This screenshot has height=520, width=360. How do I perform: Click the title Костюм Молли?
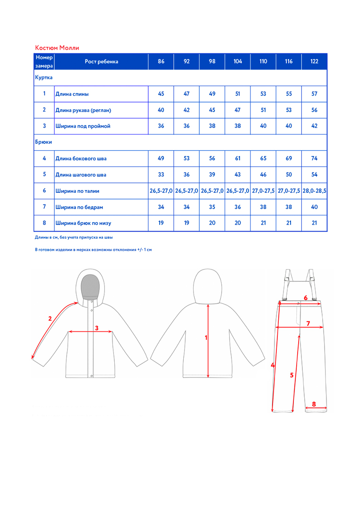(57, 48)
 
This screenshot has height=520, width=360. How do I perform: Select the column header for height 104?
(238, 61)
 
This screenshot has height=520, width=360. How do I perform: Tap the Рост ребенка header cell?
(102, 61)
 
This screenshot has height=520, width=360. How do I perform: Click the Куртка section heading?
(44, 78)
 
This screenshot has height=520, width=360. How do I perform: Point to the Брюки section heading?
(43, 142)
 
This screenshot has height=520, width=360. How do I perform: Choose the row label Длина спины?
(72, 94)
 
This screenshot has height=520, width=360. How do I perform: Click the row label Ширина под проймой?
(83, 126)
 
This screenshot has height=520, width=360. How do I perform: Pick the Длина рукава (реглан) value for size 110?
(263, 110)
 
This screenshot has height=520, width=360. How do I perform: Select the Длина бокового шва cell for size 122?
(314, 158)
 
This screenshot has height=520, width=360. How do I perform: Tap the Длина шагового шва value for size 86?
(161, 174)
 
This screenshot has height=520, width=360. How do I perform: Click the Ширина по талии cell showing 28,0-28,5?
(315, 191)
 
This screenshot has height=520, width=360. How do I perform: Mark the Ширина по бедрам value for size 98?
(212, 207)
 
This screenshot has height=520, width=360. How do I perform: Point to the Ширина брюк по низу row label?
(84, 223)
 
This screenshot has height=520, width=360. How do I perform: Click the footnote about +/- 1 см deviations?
(94, 250)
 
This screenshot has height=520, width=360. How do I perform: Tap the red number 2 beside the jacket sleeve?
(50, 319)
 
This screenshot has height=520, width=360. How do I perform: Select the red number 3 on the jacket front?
(96, 328)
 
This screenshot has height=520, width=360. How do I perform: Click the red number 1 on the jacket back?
(206, 338)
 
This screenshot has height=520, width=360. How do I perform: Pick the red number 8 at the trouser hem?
(314, 404)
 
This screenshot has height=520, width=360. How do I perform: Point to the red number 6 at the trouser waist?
(306, 298)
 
